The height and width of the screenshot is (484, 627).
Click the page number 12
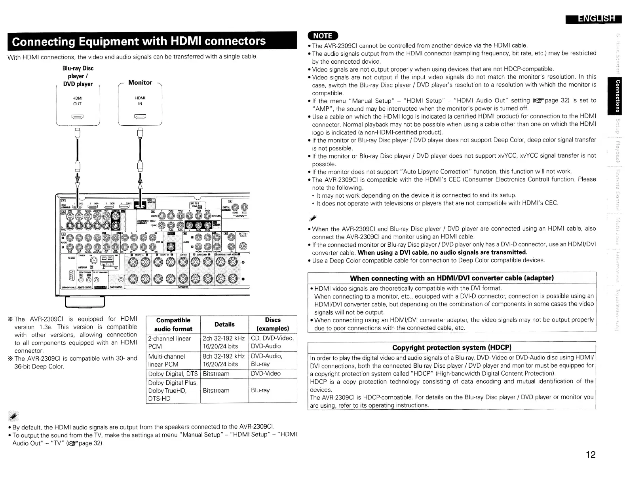(590, 455)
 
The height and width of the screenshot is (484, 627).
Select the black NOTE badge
(323, 36)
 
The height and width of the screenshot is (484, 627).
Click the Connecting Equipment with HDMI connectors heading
(139, 42)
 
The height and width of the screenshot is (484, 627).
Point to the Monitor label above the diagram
(140, 83)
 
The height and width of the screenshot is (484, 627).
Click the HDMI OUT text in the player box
(78, 101)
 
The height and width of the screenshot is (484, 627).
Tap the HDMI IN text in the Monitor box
(140, 101)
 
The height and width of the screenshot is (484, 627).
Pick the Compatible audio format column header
(173, 325)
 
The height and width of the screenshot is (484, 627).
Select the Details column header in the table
(224, 324)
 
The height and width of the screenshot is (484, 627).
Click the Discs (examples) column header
(273, 325)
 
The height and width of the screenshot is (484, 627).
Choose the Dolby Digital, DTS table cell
(173, 374)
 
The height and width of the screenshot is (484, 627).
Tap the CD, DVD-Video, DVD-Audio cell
(272, 342)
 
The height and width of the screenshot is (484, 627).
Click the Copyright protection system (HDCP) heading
(452, 348)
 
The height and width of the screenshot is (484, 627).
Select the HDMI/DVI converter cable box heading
(452, 278)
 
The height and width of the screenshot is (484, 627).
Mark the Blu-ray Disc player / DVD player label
(78, 76)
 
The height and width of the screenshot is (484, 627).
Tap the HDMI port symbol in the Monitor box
(140, 116)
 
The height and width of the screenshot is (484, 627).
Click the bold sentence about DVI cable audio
(443, 252)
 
